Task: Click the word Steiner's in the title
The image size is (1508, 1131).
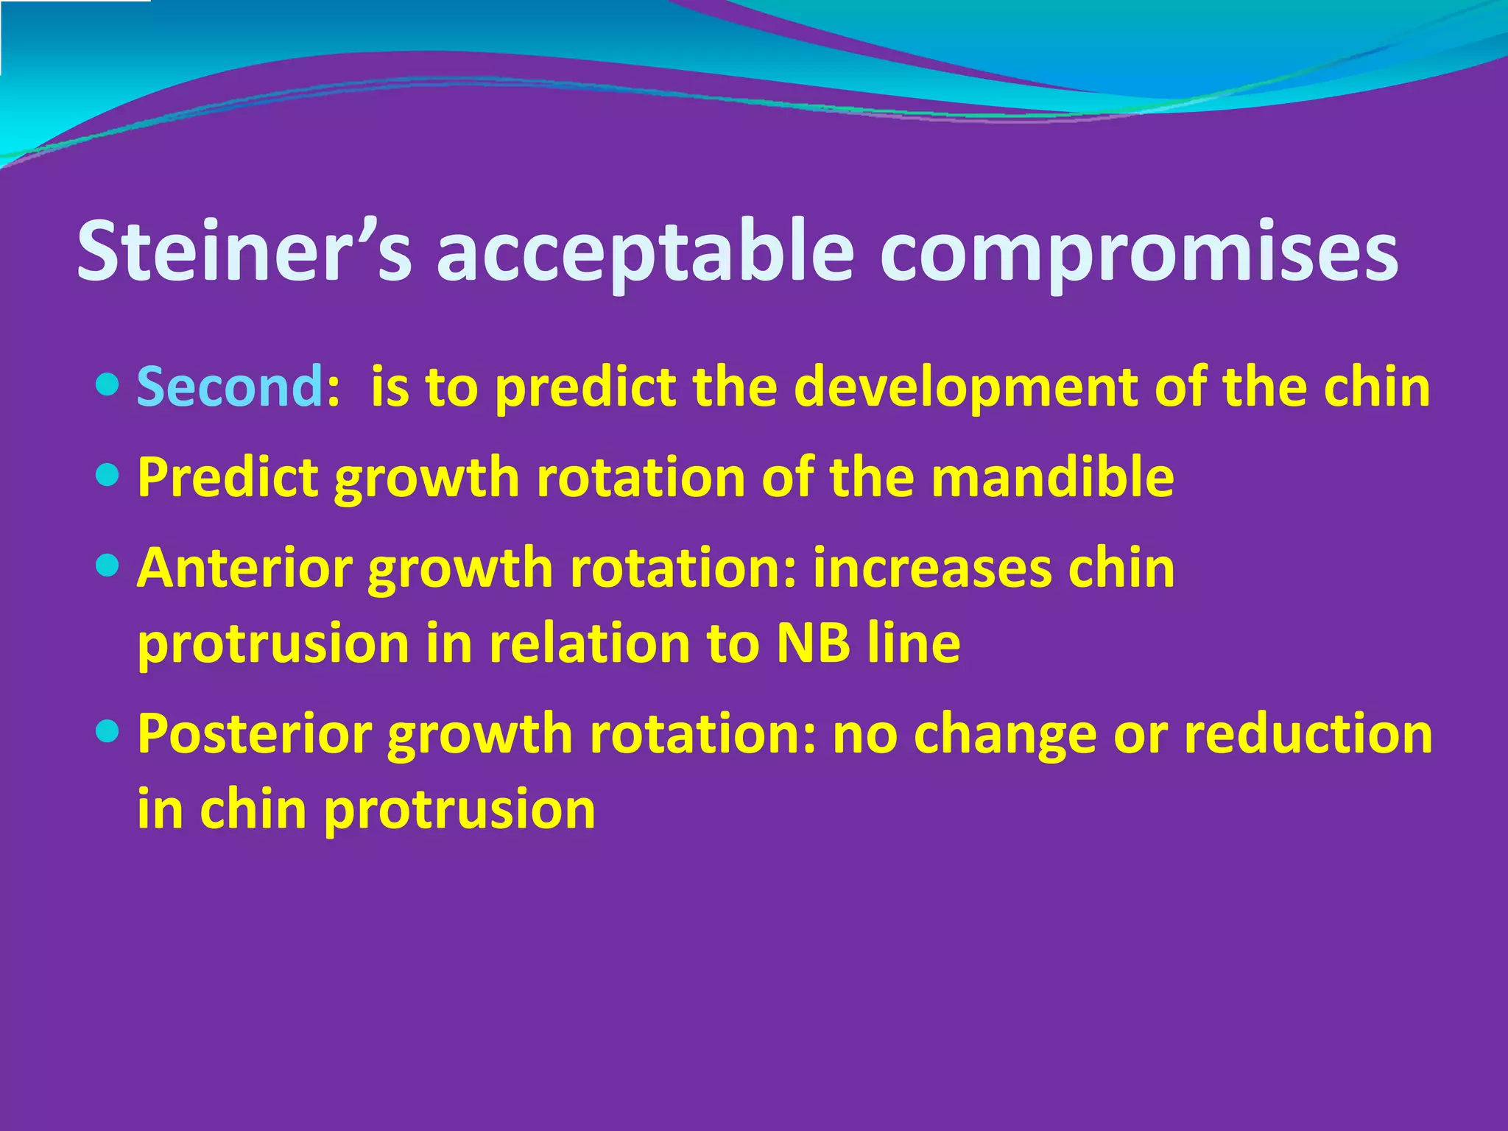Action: point(243,252)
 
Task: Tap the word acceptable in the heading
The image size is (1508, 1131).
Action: point(644,252)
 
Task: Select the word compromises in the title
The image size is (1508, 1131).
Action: point(1138,252)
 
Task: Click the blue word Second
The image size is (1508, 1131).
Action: point(229,387)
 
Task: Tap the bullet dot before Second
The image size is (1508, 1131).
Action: point(108,384)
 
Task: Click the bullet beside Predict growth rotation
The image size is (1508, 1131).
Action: point(108,474)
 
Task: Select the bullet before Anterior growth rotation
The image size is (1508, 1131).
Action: point(108,565)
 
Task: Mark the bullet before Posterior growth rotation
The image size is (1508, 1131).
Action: point(108,730)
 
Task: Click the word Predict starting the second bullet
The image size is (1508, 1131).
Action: point(228,477)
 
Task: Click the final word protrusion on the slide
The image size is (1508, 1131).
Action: point(459,809)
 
